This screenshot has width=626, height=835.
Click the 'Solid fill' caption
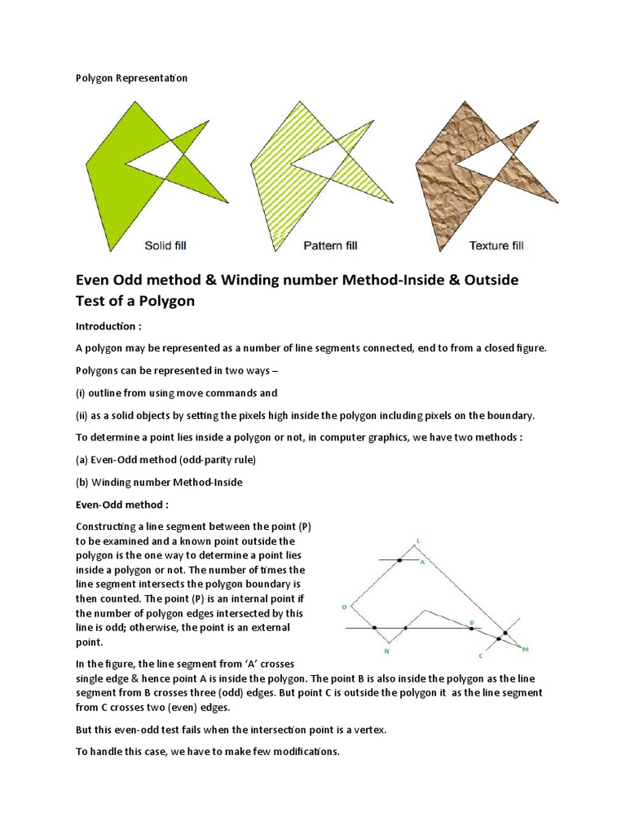(170, 245)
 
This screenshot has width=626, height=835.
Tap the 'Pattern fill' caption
(330, 245)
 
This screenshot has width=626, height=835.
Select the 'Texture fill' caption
(496, 245)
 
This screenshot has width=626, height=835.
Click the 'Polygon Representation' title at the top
(131, 78)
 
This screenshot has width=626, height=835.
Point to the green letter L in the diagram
(418, 540)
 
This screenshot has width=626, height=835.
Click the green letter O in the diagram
(344, 607)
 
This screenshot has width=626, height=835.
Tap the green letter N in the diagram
(386, 651)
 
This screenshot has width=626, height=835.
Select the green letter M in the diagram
(525, 649)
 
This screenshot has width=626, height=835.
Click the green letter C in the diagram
(481, 655)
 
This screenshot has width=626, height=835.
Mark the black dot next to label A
(399, 560)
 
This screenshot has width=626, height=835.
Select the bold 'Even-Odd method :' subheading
(121, 505)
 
